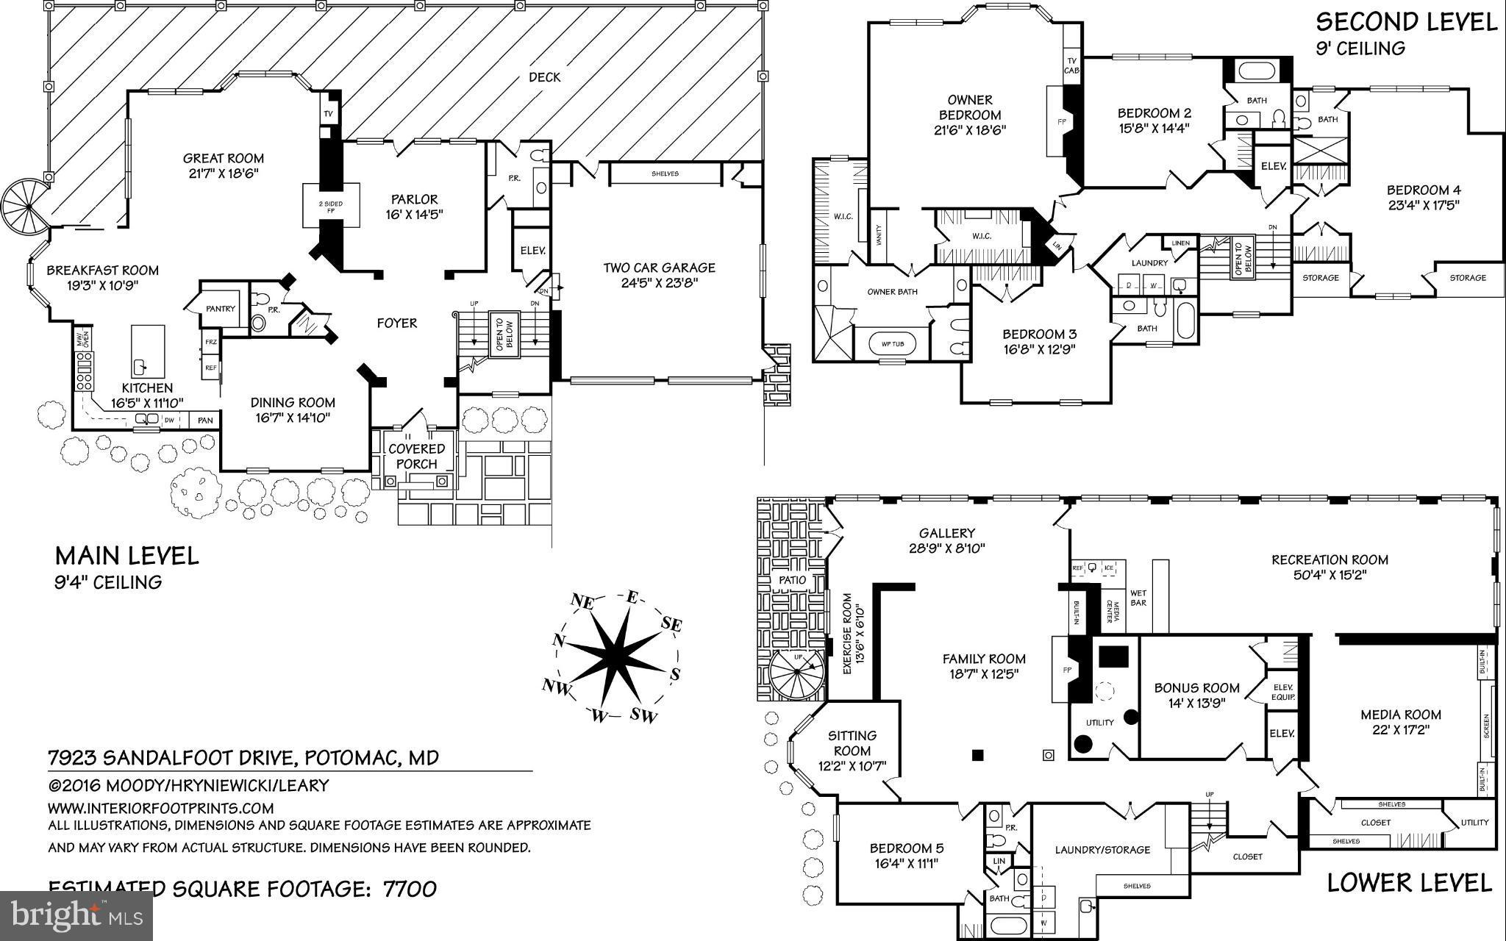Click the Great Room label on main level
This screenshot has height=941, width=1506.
223,158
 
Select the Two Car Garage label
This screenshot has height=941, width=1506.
659,268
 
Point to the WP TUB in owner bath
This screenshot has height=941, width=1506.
892,343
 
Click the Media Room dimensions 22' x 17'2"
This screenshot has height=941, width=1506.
1400,731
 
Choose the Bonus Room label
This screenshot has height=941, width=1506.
1196,688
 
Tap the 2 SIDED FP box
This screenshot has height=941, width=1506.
332,207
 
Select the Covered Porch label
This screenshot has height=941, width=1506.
417,456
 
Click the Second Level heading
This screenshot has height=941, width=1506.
1406,22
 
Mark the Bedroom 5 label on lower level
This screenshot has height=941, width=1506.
906,848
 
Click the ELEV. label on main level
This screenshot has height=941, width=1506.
532,250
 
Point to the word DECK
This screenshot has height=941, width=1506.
544,77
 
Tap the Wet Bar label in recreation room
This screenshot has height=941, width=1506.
1138,598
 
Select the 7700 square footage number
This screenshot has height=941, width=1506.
410,889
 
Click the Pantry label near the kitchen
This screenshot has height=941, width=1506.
220,309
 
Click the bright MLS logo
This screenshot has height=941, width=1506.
76,916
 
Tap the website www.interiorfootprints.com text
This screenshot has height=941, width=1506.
160,807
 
